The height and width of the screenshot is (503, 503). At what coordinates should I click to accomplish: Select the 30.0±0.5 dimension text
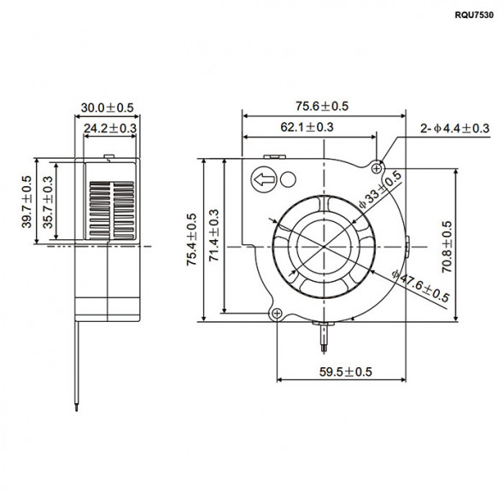(x=106, y=108)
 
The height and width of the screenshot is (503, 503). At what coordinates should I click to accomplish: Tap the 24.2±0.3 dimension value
(x=110, y=129)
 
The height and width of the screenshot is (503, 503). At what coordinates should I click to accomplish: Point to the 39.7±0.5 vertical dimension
(x=26, y=202)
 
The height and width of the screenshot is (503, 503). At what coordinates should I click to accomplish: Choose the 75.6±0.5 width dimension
(x=322, y=106)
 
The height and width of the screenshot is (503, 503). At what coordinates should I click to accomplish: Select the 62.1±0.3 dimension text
(x=306, y=127)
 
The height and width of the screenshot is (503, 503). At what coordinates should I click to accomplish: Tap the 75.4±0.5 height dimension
(x=192, y=241)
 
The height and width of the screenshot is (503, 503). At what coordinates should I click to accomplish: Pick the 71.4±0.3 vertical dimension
(x=213, y=238)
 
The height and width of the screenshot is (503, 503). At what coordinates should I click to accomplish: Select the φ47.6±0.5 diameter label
(x=420, y=286)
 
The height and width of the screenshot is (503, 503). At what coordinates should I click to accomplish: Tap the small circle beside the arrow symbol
(x=288, y=180)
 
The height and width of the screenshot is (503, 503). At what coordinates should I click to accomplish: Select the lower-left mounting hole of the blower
(x=278, y=313)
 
